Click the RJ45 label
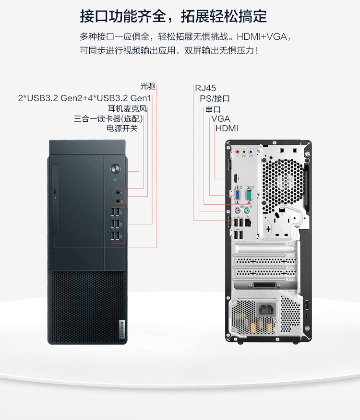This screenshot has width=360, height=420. pyautogui.click(x=205, y=88)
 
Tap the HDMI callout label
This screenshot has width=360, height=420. pyautogui.click(x=227, y=128)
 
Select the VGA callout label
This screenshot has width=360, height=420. pyautogui.click(x=220, y=118)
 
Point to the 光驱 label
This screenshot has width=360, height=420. pyautogui.click(x=148, y=86)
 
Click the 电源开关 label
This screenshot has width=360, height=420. pyautogui.click(x=122, y=128)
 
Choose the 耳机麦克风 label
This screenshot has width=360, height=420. pyautogui.click(x=127, y=108)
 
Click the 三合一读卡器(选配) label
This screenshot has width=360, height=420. pyautogui.click(x=108, y=118)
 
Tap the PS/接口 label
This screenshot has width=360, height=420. pyautogui.click(x=215, y=99)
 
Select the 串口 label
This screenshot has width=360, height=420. pyautogui.click(x=213, y=109)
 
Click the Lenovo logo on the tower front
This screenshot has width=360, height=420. pyautogui.click(x=122, y=329)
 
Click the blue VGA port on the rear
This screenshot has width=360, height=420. pyautogui.click(x=238, y=195)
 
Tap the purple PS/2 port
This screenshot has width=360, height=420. pyautogui.click(x=237, y=210)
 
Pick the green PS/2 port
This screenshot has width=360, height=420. pyautogui.click(x=247, y=211)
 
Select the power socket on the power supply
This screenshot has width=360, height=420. pyautogui.click(x=266, y=310)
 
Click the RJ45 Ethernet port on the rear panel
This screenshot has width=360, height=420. pyautogui.click(x=248, y=222)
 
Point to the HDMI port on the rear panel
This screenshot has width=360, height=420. pyautogui.click(x=235, y=177)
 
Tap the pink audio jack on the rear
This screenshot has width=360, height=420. pyautogui.click(x=237, y=152)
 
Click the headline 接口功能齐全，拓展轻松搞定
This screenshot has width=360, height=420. pyautogui.click(x=173, y=16)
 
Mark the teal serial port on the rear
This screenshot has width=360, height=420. pyautogui.click(x=248, y=195)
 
